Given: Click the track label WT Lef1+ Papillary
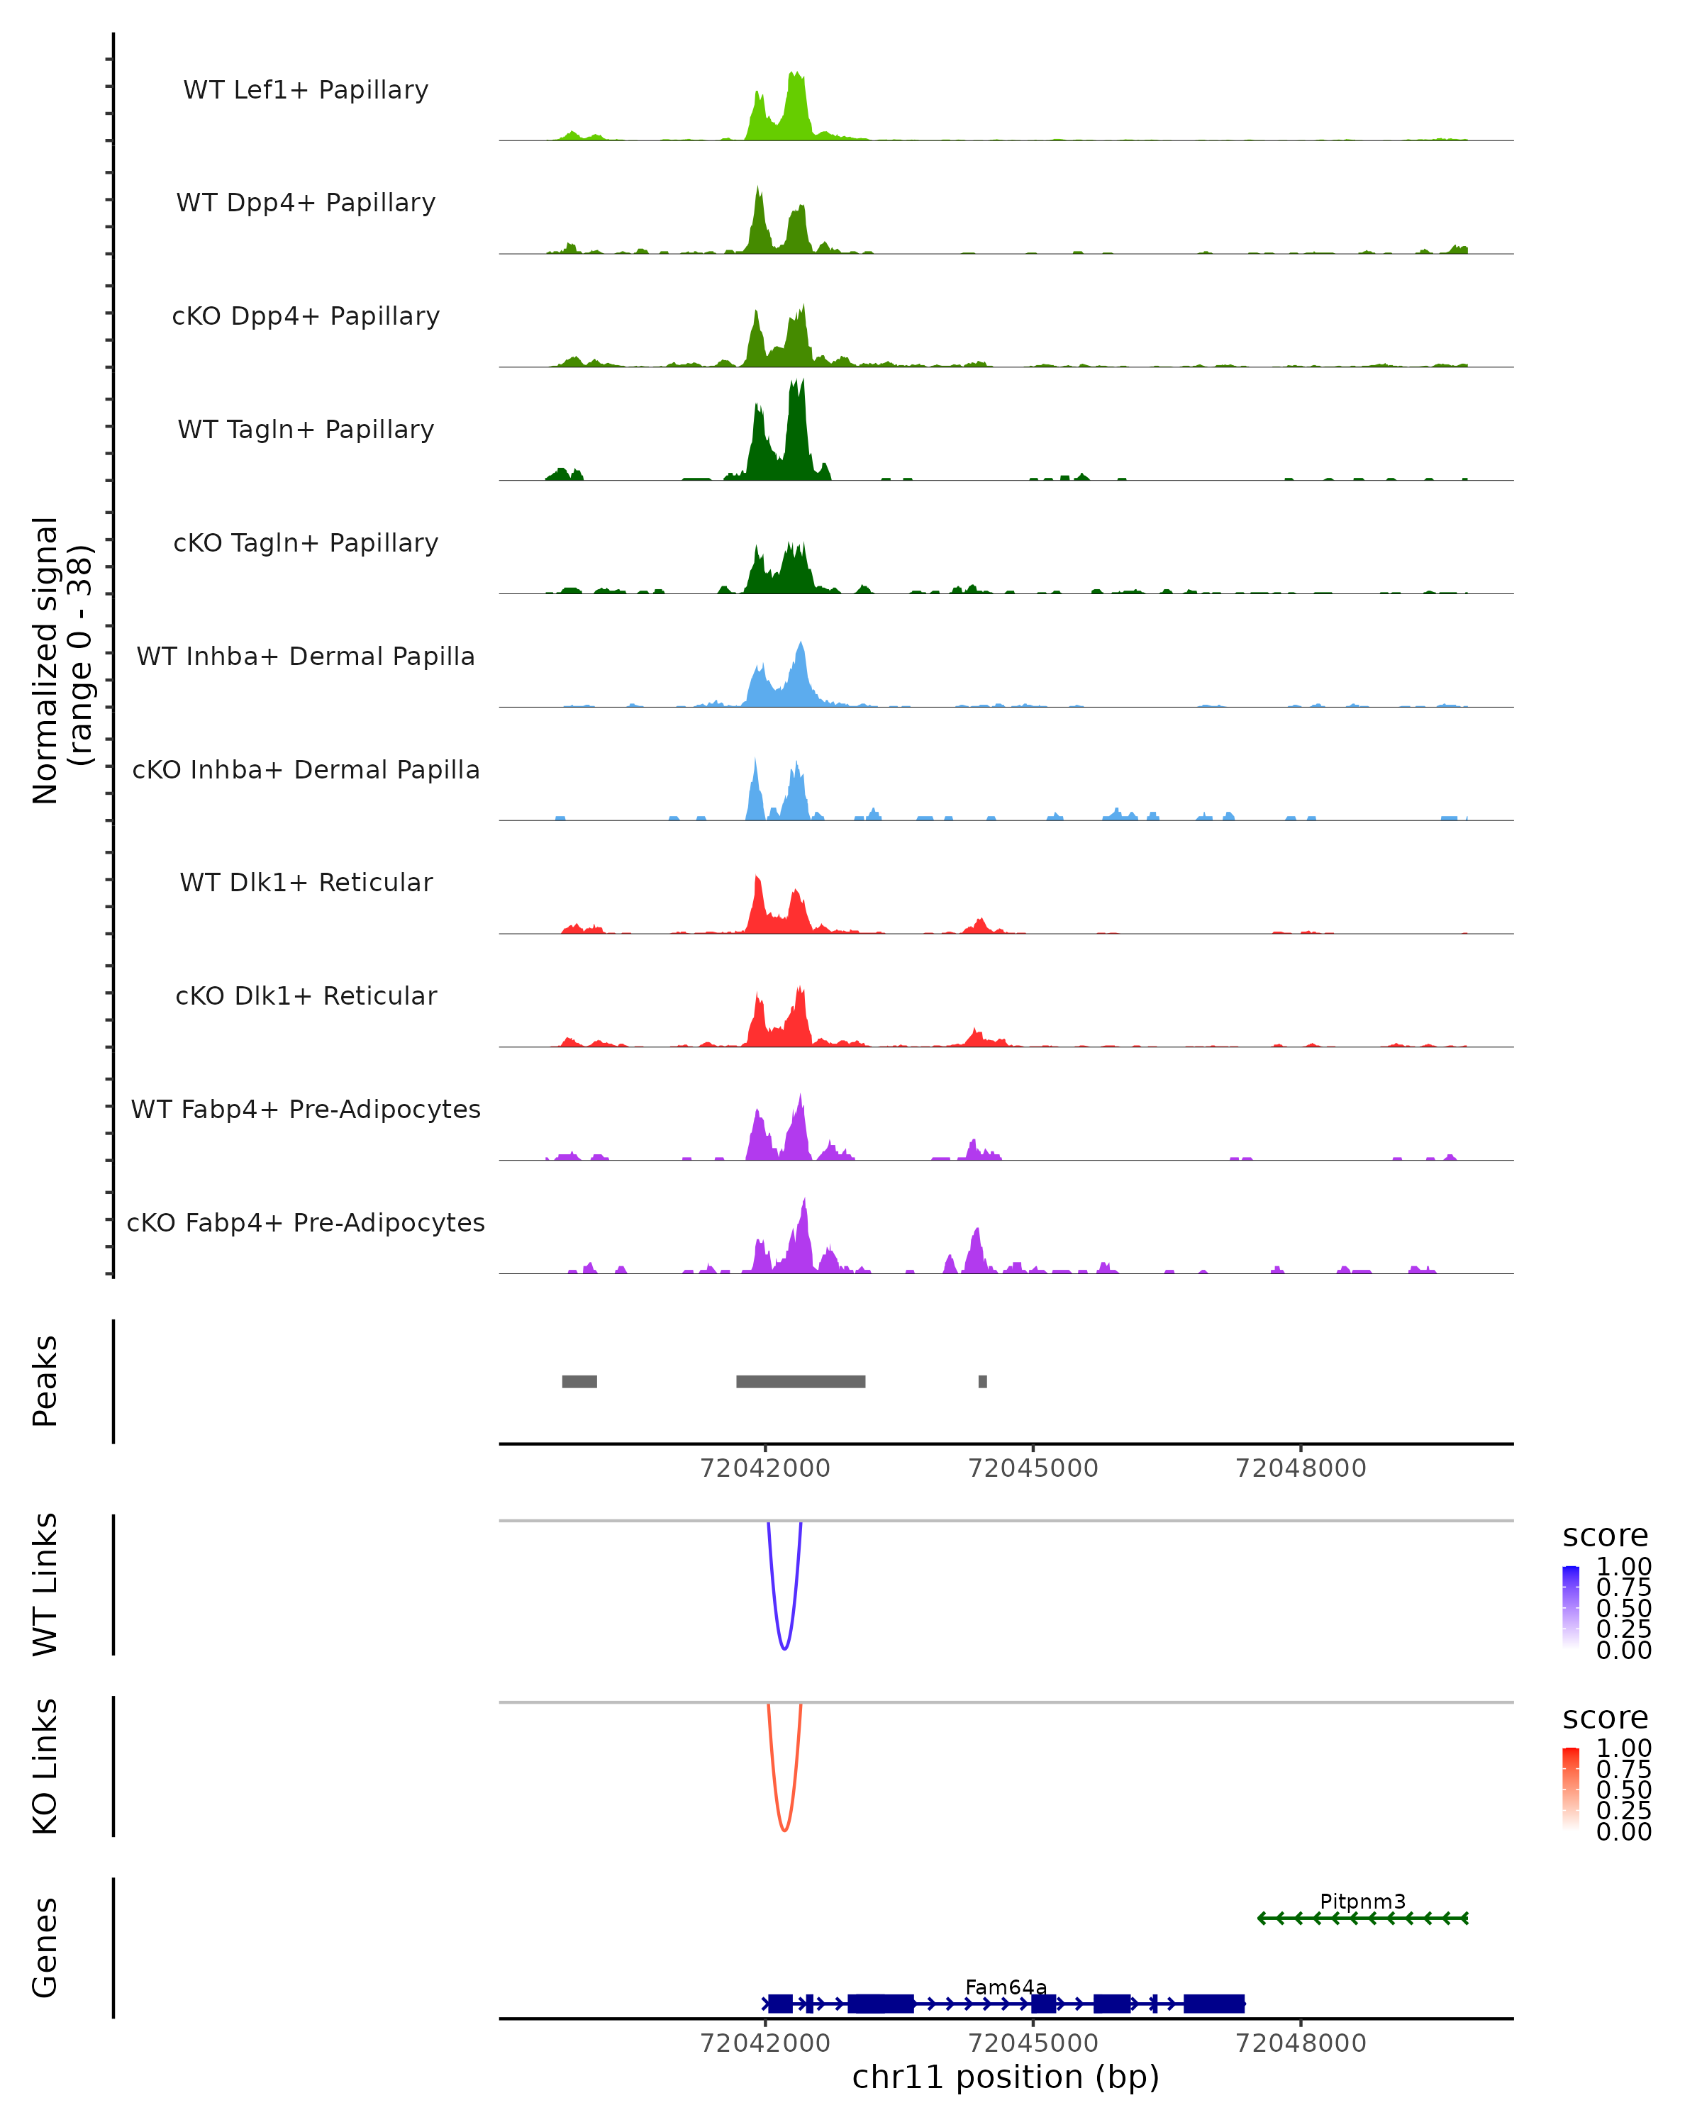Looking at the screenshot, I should pyautogui.click(x=306, y=91).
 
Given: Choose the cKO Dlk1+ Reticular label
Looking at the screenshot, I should pyautogui.click(x=306, y=996).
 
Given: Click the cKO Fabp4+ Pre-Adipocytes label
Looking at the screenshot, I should pyautogui.click(x=306, y=1223).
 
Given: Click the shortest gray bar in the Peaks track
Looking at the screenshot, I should pyautogui.click(x=983, y=1381).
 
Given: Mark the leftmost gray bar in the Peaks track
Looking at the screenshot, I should pyautogui.click(x=579, y=1381).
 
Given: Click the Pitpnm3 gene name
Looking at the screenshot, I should pyautogui.click(x=1362, y=1901).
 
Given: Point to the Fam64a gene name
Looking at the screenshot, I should pyautogui.click(x=1006, y=1987).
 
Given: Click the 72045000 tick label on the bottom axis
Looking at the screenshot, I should pyautogui.click(x=1033, y=2043).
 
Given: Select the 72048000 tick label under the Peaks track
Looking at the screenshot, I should pyautogui.click(x=1301, y=1468).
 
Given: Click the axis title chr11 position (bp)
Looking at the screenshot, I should pyautogui.click(x=1006, y=2077).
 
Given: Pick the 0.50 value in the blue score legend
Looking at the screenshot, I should pyautogui.click(x=1623, y=1608).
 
